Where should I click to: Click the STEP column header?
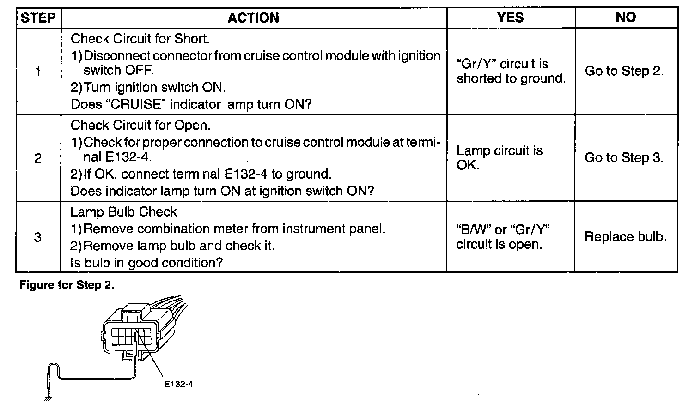(38, 18)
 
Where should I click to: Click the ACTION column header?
(253, 18)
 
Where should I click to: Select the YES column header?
(510, 18)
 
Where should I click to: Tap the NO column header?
(626, 18)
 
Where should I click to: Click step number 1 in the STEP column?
(38, 72)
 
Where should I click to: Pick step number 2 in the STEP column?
(38, 158)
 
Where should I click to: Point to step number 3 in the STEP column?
(38, 237)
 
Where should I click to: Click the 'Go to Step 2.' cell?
(624, 71)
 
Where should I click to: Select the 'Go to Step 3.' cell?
(624, 158)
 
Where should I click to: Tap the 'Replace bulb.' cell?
(625, 237)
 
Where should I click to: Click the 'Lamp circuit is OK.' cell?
(499, 158)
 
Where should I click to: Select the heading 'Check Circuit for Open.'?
(140, 126)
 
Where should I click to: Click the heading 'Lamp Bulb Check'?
(123, 212)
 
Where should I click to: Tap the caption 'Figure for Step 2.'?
(67, 285)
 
